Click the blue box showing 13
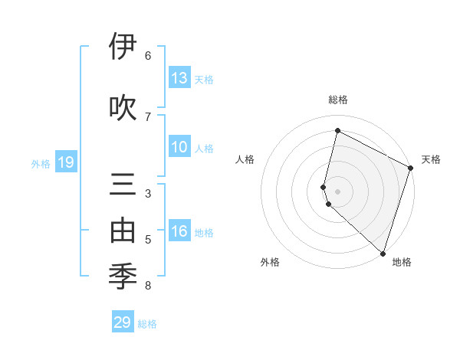click(179, 78)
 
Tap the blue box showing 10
click(179, 147)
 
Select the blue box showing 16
click(179, 231)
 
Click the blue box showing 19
click(66, 162)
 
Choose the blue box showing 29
click(123, 322)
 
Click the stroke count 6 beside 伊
click(148, 55)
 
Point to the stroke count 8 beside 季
click(148, 286)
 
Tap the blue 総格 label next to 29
click(148, 324)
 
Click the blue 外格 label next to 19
click(41, 163)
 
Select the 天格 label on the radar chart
click(431, 159)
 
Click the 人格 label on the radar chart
click(245, 159)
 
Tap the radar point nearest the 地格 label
click(383, 254)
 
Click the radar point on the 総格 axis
click(337, 131)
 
